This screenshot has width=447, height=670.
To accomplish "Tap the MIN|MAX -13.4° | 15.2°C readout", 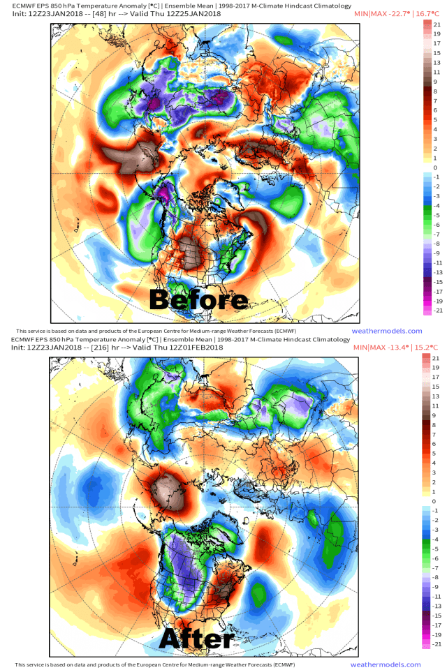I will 397,347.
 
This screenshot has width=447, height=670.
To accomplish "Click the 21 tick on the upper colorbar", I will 436,24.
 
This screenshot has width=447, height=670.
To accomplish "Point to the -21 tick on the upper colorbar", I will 435,311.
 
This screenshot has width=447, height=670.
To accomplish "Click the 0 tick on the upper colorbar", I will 435,168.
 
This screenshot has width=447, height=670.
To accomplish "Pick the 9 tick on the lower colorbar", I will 435,415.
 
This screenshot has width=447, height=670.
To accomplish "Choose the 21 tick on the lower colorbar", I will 436,357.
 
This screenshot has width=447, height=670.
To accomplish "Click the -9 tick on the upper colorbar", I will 435,253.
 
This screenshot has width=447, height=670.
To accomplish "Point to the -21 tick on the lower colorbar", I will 435,645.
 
